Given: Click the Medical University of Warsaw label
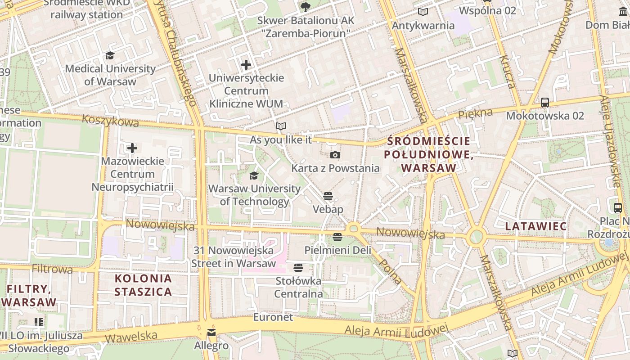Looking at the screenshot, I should click(110, 75).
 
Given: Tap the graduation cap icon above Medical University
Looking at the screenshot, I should click(110, 56).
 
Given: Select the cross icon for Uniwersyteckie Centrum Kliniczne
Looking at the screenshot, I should click(246, 65).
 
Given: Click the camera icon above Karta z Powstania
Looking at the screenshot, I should click(335, 155).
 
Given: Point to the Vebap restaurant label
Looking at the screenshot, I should click(328, 209).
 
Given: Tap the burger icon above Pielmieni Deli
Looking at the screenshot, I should click(337, 237).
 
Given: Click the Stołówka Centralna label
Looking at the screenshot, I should click(298, 288).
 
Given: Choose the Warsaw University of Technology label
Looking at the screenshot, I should click(254, 195).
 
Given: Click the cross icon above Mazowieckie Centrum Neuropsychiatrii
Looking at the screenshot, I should click(132, 148).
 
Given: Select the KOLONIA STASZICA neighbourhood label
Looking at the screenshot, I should click(143, 285).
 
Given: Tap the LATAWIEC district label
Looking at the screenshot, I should click(535, 226).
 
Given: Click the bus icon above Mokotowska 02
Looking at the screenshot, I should click(545, 103).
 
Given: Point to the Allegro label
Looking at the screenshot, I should click(211, 346).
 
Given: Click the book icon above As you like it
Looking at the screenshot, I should click(281, 126).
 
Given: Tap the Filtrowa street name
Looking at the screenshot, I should click(52, 269).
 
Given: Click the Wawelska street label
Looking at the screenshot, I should click(131, 337).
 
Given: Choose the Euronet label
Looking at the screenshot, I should click(273, 317).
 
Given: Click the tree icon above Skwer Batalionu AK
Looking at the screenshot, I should click(306, 7).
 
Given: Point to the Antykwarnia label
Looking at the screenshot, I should click(423, 26).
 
